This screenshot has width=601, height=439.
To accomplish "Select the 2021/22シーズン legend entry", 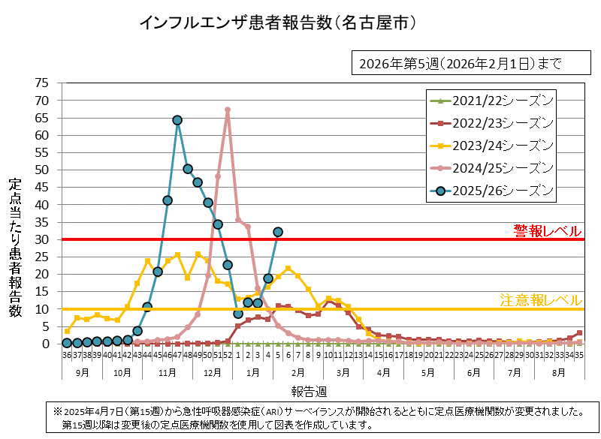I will coord(492,100).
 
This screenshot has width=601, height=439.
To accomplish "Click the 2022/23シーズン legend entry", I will coord(492,122).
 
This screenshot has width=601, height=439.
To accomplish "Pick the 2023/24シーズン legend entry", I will coord(492,145).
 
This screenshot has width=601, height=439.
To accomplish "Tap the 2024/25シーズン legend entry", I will coord(492,167).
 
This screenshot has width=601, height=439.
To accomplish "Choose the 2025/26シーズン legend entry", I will coord(492,190).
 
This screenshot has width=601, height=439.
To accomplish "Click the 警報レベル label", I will coord(547,230).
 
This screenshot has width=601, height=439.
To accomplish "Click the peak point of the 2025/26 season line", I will coord(177,120).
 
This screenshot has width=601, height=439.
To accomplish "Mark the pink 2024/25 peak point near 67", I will coord(228,110).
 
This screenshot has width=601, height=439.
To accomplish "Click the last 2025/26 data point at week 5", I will coord(278,232).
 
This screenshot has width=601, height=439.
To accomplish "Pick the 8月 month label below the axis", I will coord(559,371).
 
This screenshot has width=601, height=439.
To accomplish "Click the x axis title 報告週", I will coord(310,391).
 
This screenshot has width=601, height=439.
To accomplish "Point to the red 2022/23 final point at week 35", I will coord(579,333).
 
